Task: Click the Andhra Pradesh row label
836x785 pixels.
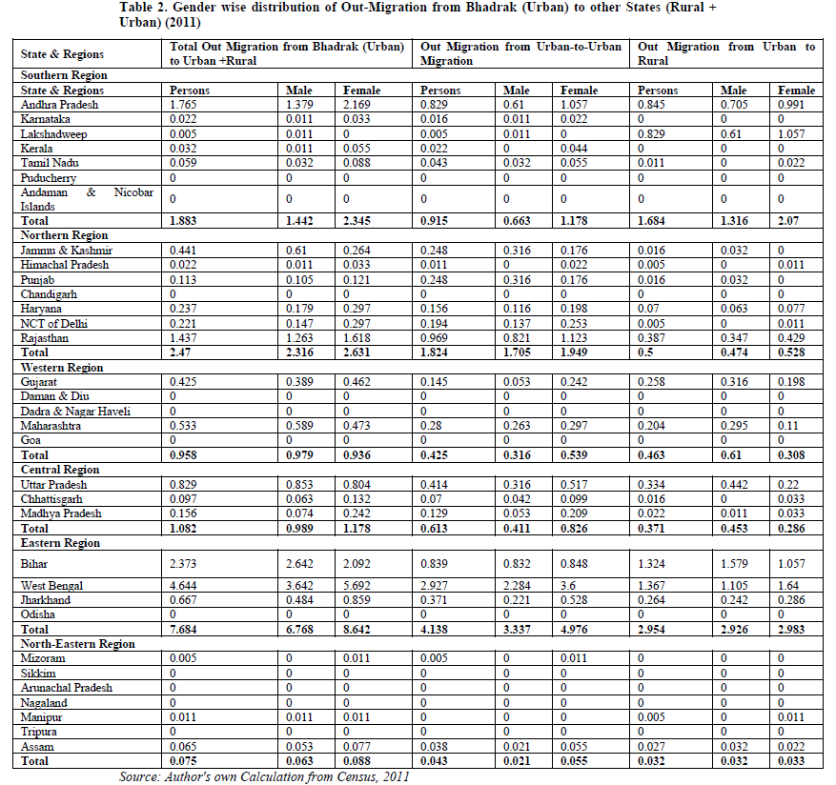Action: click(59, 105)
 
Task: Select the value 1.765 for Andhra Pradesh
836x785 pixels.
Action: click(182, 105)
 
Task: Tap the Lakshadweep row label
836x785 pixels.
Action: click(55, 134)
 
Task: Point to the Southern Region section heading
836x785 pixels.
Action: click(64, 74)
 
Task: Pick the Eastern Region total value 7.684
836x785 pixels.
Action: click(183, 629)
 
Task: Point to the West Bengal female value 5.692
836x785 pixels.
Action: click(360, 584)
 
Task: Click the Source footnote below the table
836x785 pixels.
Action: click(263, 776)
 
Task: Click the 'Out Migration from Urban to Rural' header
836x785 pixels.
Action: click(725, 53)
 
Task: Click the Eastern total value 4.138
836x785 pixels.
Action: click(436, 629)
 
